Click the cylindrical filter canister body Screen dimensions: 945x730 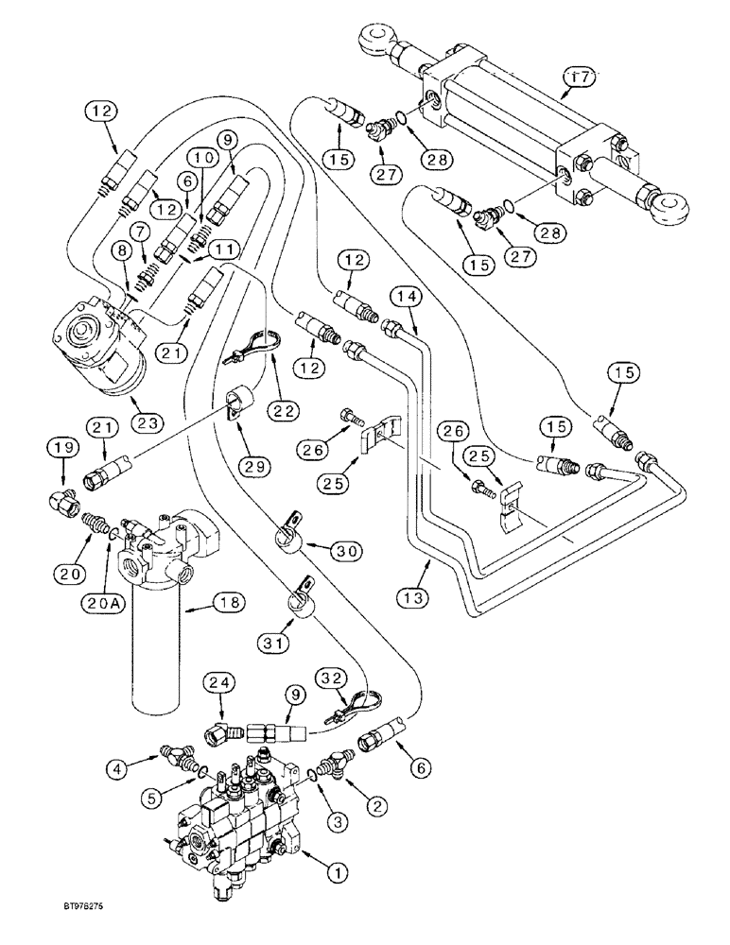(x=153, y=652)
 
